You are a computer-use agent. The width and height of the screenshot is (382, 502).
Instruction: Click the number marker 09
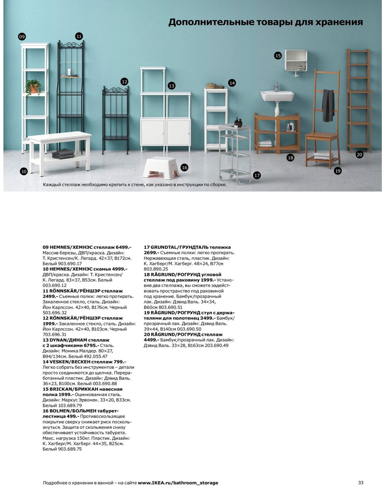click(x=22, y=37)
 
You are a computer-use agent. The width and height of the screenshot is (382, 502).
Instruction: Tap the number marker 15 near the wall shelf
click(x=278, y=56)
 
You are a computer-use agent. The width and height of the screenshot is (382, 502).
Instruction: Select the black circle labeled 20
click(x=359, y=155)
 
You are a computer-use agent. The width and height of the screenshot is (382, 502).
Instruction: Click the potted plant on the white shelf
click(x=34, y=87)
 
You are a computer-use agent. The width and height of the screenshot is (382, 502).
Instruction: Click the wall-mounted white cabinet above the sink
click(x=296, y=60)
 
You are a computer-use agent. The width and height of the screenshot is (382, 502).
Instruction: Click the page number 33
click(x=361, y=483)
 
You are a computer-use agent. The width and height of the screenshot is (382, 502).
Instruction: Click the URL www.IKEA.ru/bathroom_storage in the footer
click(x=178, y=483)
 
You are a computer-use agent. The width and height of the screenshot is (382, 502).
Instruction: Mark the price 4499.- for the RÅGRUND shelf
click(x=151, y=340)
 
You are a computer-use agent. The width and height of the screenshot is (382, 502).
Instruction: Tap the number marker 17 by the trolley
click(x=257, y=175)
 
